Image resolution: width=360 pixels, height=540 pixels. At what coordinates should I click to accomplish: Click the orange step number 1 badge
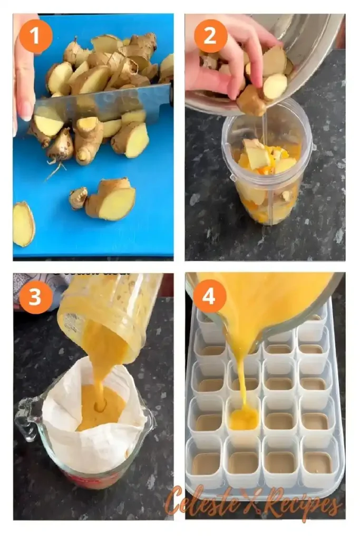click(35, 36)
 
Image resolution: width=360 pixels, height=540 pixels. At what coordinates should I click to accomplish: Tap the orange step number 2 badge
click(211, 36)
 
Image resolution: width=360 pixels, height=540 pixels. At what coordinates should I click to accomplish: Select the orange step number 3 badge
click(35, 297)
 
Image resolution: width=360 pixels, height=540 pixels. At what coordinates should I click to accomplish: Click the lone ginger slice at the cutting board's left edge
click(23, 224)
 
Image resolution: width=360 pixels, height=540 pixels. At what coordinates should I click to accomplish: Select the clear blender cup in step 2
click(266, 174)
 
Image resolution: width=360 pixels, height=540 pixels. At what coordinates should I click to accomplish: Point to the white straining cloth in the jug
click(95, 443)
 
